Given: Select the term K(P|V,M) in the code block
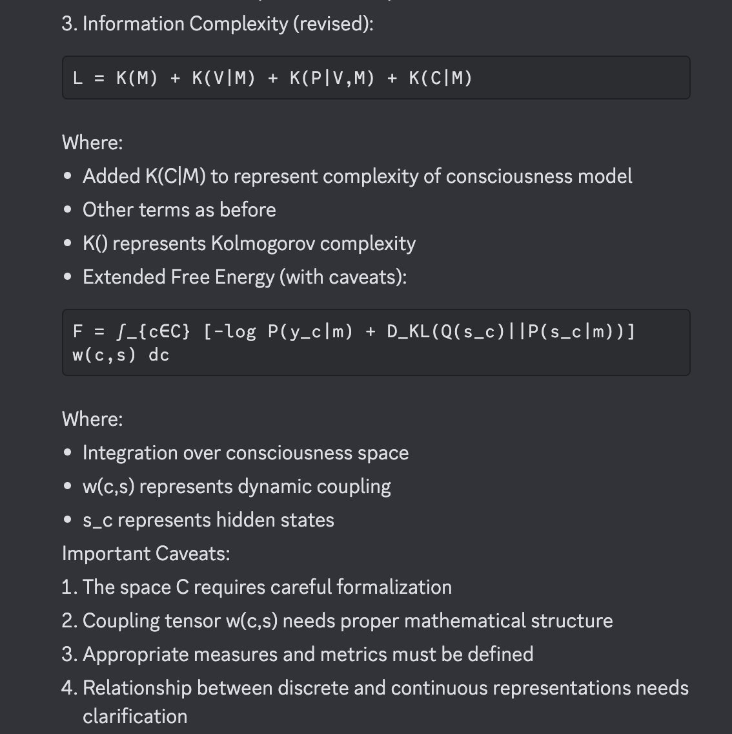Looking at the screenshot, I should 332,78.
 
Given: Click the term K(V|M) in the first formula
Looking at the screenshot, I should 223,78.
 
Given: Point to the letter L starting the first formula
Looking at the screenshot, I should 78,78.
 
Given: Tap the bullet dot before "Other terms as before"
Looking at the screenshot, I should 68,210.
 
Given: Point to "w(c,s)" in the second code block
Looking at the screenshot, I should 105,355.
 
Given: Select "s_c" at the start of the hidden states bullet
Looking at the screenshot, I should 97,521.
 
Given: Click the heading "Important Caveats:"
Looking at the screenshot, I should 146,554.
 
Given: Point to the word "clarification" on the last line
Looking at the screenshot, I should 135,717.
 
